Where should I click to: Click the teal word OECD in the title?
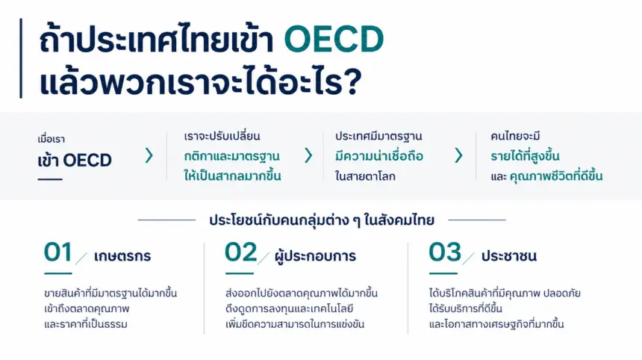pyautogui.click(x=334, y=40)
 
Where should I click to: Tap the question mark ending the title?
pyautogui.click(x=353, y=81)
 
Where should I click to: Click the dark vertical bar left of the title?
pyautogui.click(x=21, y=58)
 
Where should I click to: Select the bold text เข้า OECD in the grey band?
pyautogui.click(x=75, y=160)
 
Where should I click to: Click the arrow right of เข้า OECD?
pyautogui.click(x=149, y=155)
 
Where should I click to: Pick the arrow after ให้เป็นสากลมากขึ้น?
pyautogui.click(x=308, y=155)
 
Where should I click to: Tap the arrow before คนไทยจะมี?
pyautogui.click(x=458, y=155)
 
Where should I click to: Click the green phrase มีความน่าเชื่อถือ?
pyautogui.click(x=378, y=156)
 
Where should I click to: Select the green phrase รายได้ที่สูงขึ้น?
pyautogui.click(x=525, y=156)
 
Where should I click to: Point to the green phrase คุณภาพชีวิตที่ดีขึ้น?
pyautogui.click(x=556, y=176)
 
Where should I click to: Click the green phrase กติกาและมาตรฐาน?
pyautogui.click(x=231, y=156)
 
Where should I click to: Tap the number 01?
pyautogui.click(x=58, y=252)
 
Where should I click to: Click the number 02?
pyautogui.click(x=240, y=252)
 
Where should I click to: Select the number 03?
pyautogui.click(x=445, y=252)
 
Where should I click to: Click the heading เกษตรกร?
pyautogui.click(x=122, y=256)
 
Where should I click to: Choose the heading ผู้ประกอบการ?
pyautogui.click(x=315, y=256)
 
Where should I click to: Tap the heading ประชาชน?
pyautogui.click(x=509, y=256)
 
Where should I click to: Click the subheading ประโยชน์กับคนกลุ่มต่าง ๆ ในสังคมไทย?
pyautogui.click(x=322, y=220)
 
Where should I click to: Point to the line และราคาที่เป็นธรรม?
pyautogui.click(x=86, y=324)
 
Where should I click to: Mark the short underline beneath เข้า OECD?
pyautogui.click(x=50, y=179)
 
